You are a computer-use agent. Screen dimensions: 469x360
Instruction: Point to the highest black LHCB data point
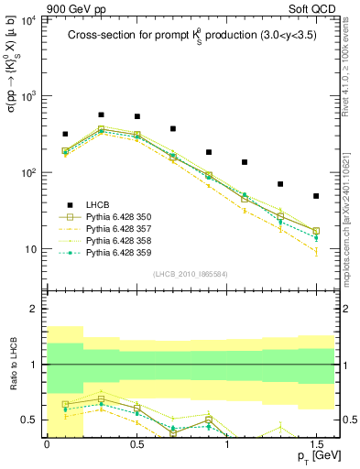[101, 115]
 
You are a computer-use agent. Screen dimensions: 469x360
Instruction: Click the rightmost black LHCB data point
[316, 196]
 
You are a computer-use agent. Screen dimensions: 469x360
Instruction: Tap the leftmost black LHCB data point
[65, 134]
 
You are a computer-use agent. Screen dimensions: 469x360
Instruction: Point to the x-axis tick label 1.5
[315, 442]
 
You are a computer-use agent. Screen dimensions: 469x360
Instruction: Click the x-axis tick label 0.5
[136, 442]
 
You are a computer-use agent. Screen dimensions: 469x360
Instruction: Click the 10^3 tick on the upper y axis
[28, 96]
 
